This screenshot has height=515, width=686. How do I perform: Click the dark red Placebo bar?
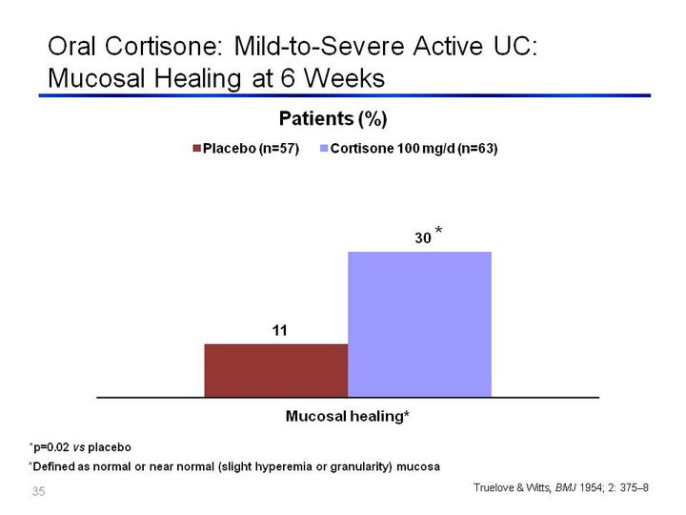click(276, 369)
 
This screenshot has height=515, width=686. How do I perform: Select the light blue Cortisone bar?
click(419, 322)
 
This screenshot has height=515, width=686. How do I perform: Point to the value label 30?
click(422, 238)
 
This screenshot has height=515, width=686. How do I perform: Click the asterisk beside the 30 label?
click(438, 231)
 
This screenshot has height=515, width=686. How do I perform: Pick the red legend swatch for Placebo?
click(196, 149)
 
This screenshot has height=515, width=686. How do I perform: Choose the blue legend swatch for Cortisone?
click(323, 149)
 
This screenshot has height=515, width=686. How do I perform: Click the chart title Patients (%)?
click(333, 119)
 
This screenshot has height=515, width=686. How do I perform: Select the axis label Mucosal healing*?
click(347, 416)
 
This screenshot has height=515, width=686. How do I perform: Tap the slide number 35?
click(38, 492)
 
